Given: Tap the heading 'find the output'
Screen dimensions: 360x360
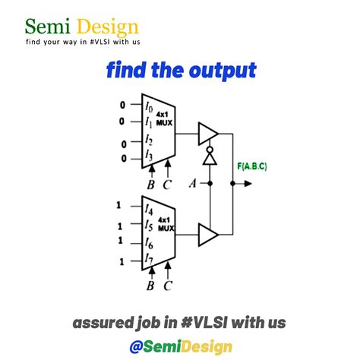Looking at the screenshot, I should pyautogui.click(x=181, y=71).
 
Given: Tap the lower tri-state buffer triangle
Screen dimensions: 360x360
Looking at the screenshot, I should pyautogui.click(x=207, y=232).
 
